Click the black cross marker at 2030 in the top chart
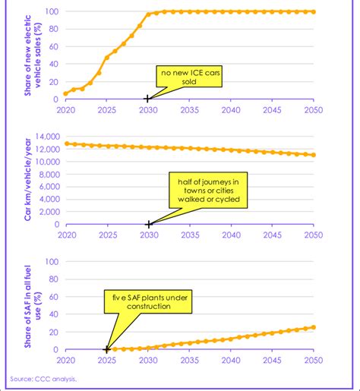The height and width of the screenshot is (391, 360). [147, 99]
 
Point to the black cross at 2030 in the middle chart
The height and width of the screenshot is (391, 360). [148, 224]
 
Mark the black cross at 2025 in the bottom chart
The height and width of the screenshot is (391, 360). [106, 349]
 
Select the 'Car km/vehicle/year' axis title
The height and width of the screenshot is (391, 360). [31, 178]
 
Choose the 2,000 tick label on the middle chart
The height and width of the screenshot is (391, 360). [49, 212]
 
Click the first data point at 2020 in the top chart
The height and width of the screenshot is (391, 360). [65, 93]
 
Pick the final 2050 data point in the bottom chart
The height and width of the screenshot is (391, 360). [313, 327]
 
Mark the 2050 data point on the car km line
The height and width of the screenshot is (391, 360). [313, 155]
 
